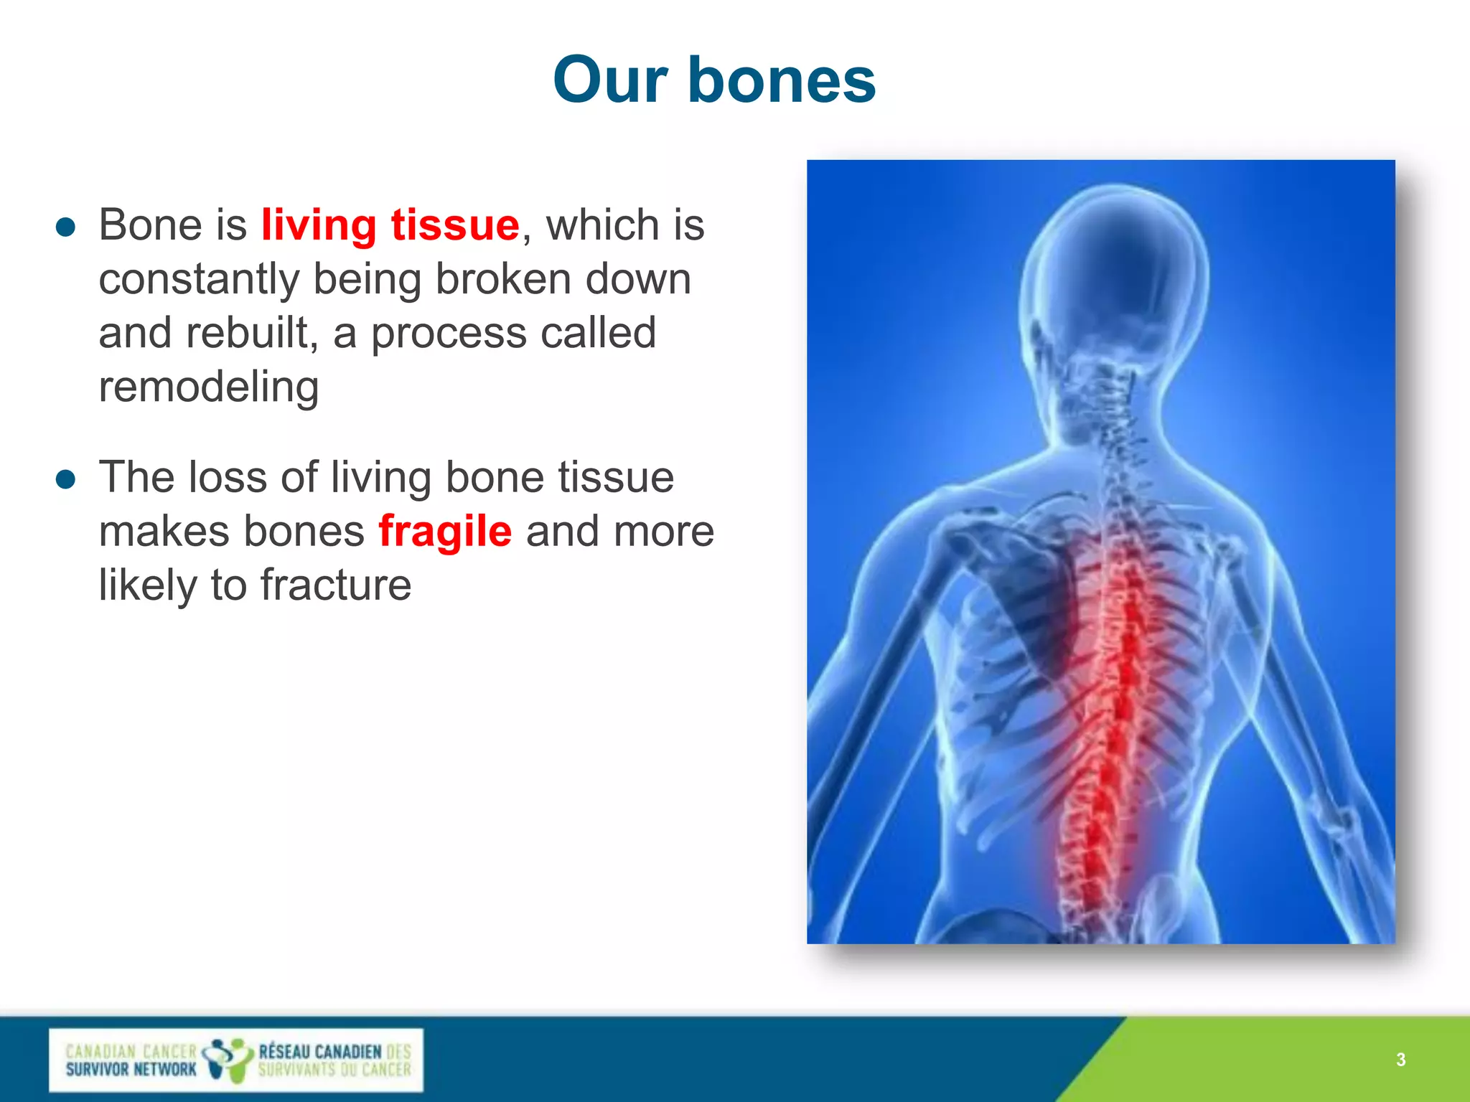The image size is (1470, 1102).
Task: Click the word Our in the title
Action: pyautogui.click(x=610, y=80)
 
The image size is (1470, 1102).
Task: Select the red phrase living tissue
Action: pyautogui.click(x=390, y=225)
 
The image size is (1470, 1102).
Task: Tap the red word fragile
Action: pyautogui.click(x=445, y=531)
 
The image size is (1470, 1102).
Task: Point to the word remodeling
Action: pyautogui.click(x=208, y=387)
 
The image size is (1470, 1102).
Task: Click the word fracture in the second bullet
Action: pyautogui.click(x=335, y=585)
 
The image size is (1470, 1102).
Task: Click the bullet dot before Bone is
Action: pyautogui.click(x=65, y=227)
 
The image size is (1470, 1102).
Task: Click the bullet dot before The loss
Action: pyautogui.click(x=65, y=479)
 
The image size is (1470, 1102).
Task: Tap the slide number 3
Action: pyautogui.click(x=1400, y=1060)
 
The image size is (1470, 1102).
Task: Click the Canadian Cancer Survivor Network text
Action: pyautogui.click(x=131, y=1060)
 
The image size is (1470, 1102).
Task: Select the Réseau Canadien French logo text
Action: pyautogui.click(x=334, y=1060)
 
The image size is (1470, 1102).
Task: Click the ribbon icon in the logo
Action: pyautogui.click(x=228, y=1060)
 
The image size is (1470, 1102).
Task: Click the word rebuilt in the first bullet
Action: pyautogui.click(x=247, y=334)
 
